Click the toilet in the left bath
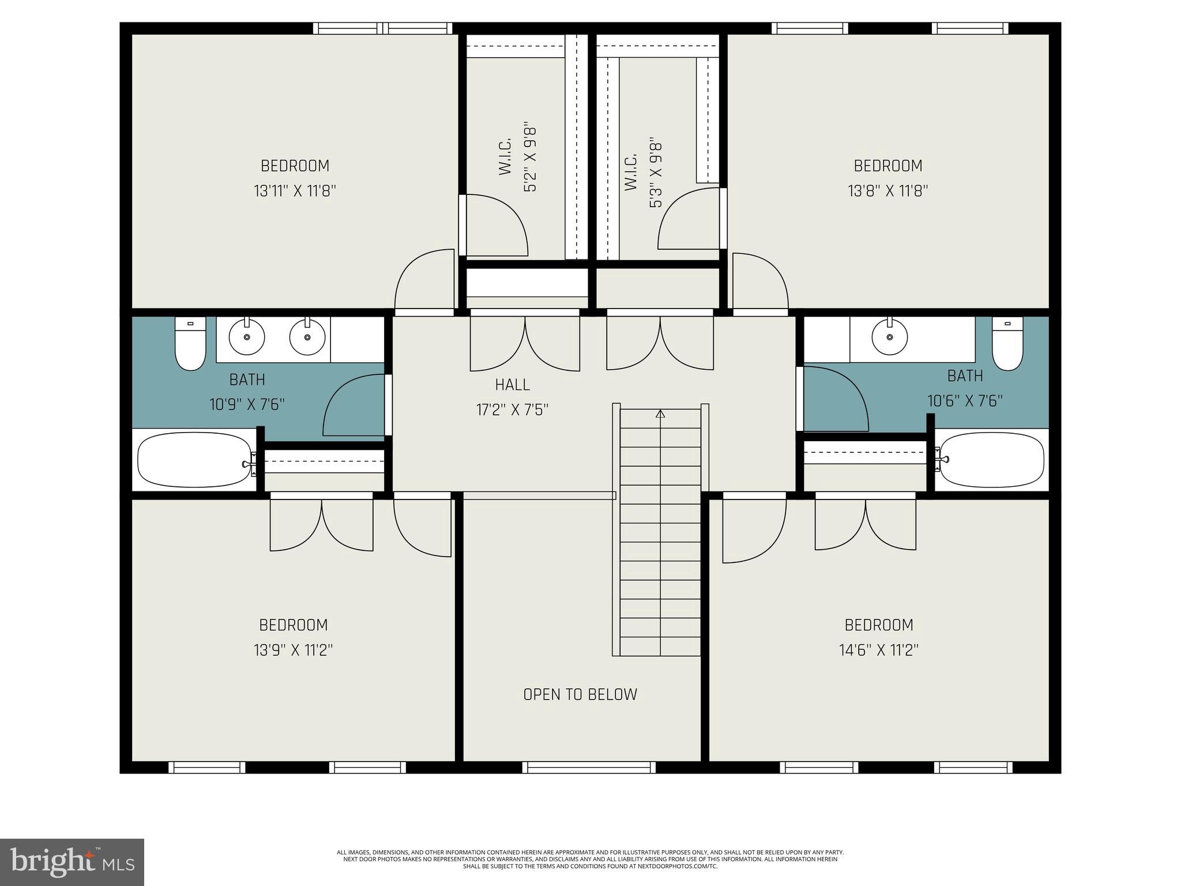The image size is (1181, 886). (x=190, y=344)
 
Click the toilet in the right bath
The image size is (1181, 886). (x=1007, y=344)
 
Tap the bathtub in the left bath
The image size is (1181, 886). (x=195, y=460)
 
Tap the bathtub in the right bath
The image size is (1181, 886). (x=990, y=460)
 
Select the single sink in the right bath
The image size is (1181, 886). (x=890, y=337)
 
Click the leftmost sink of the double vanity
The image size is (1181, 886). (x=247, y=337)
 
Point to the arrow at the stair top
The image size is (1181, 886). (x=660, y=414)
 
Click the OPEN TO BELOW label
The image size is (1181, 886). (x=580, y=694)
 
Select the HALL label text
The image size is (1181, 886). (x=512, y=385)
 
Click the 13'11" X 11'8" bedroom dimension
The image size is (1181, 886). (x=295, y=191)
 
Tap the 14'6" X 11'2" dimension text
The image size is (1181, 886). (x=878, y=651)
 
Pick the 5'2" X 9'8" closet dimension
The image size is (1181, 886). (x=531, y=156)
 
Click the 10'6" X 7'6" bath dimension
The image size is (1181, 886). (x=965, y=400)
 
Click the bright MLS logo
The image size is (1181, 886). (x=72, y=862)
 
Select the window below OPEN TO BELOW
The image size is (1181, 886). (x=589, y=767)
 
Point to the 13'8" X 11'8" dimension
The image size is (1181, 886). (x=887, y=191)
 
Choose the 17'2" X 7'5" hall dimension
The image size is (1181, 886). (x=512, y=410)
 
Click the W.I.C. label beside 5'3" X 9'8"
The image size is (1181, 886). (x=630, y=172)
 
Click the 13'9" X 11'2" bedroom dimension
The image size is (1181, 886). (x=294, y=651)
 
